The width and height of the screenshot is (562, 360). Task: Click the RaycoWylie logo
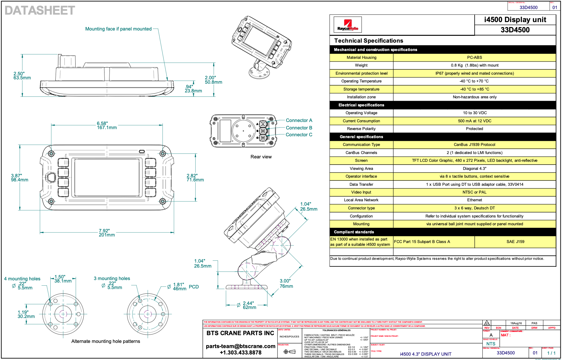click(347, 25)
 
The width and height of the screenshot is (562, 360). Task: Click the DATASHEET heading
click(40, 11)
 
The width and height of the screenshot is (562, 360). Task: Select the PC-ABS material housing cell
click(474, 58)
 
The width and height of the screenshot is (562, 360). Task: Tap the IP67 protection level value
click(474, 73)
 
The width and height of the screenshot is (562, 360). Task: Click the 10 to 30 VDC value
click(475, 113)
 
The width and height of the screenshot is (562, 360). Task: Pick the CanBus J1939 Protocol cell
click(474, 145)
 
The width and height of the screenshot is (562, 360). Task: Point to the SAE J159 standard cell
click(515, 242)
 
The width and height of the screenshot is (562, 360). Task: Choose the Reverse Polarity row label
click(361, 129)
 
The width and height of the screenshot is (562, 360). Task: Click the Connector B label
click(299, 128)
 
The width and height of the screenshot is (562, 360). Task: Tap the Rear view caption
click(261, 157)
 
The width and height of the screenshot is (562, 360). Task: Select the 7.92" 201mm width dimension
click(106, 233)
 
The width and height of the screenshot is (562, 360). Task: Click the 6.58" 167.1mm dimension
click(106, 125)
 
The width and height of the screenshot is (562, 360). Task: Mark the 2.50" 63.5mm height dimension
click(22, 76)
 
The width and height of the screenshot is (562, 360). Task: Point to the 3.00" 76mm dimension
click(286, 283)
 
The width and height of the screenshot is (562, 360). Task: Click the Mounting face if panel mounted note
click(118, 29)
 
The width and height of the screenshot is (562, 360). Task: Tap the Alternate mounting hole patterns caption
click(105, 341)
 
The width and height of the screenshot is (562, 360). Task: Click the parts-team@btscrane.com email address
click(240, 346)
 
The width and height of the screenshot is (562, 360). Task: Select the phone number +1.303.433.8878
click(240, 353)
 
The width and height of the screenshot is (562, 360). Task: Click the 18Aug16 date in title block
click(516, 323)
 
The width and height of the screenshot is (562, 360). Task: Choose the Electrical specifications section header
click(361, 105)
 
